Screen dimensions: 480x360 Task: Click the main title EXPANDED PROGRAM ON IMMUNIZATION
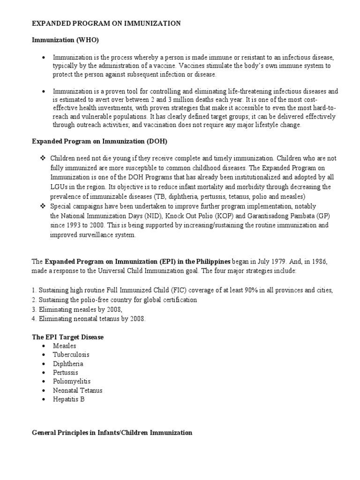click(106, 24)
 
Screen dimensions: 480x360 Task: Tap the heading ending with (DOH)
click(99, 141)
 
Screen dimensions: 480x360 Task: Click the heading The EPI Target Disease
click(67, 337)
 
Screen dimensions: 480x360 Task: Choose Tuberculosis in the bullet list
click(71, 355)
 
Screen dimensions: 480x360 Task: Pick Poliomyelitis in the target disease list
click(72, 382)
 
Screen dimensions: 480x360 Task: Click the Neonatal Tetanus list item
click(78, 390)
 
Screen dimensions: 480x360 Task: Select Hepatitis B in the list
click(69, 399)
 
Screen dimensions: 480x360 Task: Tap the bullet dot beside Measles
click(43, 346)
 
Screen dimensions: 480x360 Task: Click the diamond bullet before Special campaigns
click(43, 206)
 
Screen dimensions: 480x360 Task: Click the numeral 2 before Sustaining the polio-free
click(33, 300)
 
